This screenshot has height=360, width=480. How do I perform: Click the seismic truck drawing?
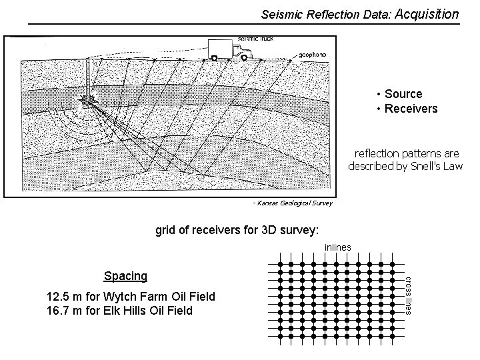228,48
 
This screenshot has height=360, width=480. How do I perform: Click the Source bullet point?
402,95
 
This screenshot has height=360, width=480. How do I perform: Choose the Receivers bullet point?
409,108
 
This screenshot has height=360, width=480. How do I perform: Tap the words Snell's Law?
442,165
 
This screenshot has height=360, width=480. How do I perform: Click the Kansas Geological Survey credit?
292,202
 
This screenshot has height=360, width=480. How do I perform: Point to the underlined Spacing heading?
125,275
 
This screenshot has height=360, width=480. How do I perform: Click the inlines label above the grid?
337,247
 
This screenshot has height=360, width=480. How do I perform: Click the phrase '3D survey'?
292,231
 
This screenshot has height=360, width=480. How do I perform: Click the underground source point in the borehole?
87,100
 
